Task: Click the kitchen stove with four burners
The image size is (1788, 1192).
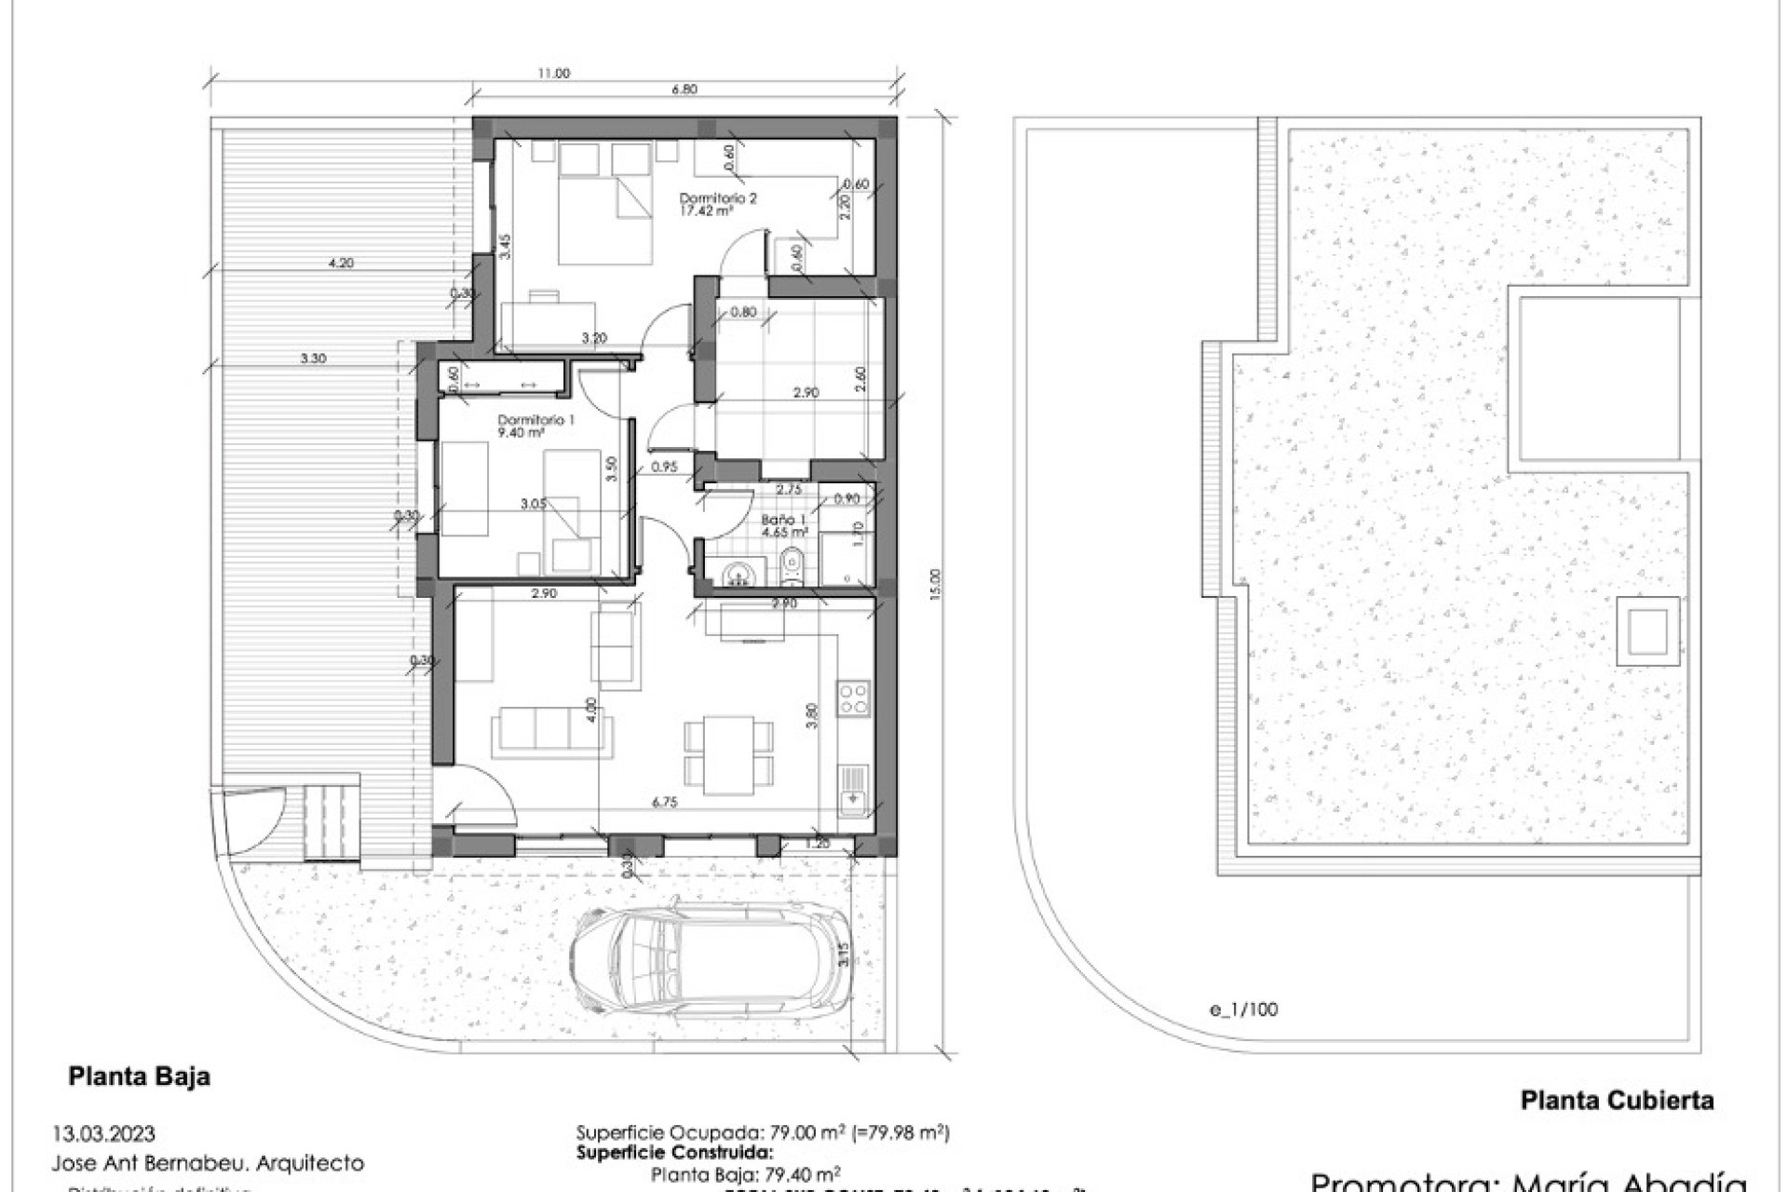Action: [x=854, y=698]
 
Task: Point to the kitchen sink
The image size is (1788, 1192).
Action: [x=853, y=788]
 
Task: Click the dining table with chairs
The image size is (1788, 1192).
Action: [x=728, y=754]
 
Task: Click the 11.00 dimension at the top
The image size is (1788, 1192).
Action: [x=553, y=74]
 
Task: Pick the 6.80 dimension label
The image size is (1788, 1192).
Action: [x=684, y=90]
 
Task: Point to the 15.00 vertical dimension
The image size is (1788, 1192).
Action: [x=936, y=585]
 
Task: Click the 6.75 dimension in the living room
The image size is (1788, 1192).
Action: [x=664, y=801]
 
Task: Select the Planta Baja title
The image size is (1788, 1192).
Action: [x=140, y=1077]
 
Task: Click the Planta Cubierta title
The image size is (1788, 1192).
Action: [x=1617, y=1101]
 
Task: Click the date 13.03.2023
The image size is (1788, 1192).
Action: [x=104, y=1134]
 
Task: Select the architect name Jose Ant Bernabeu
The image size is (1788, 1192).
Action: [x=209, y=1163]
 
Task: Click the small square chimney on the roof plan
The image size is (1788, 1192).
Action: [x=1646, y=632]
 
